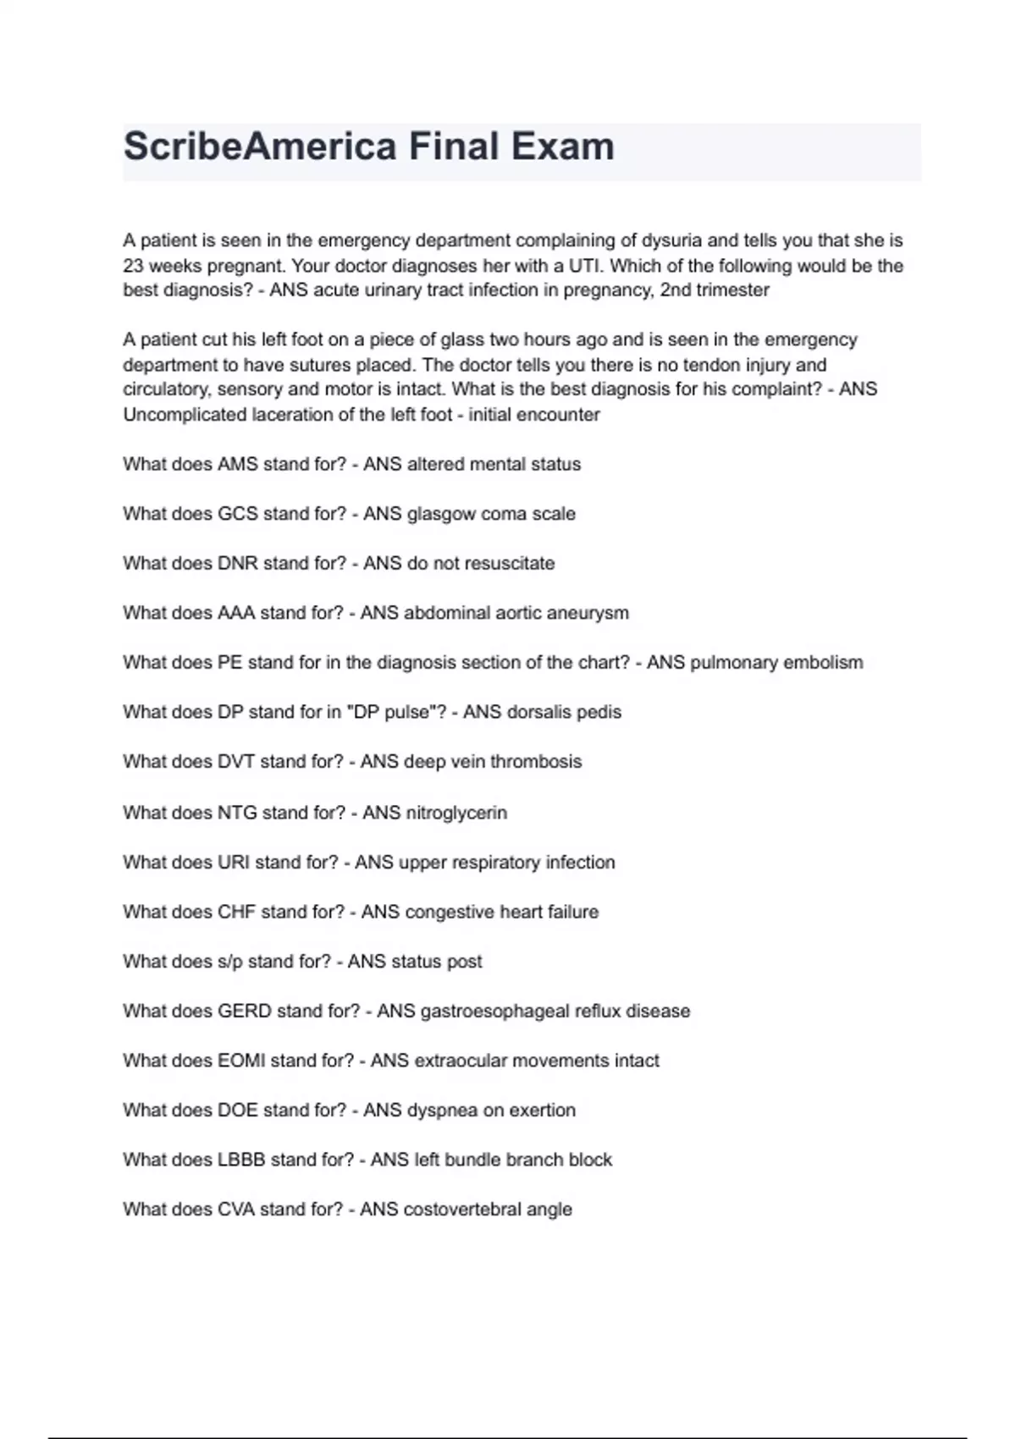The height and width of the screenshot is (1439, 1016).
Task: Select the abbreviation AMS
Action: (237, 464)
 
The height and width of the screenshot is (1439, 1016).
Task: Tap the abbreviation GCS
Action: (237, 514)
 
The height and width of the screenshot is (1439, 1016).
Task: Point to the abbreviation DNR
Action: (237, 564)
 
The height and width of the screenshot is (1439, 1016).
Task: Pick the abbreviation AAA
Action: (236, 613)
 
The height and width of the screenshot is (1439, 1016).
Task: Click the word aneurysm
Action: (590, 613)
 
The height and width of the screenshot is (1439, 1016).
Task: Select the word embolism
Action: (822, 663)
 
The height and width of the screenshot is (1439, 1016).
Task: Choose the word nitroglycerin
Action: (457, 813)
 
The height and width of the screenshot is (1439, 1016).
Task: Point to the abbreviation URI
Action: (234, 863)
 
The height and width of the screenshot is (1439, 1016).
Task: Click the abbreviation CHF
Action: (236, 912)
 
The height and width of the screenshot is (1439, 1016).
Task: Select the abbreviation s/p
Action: (229, 962)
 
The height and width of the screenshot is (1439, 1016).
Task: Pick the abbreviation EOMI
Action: (241, 1061)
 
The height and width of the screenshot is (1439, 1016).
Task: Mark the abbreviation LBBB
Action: (241, 1160)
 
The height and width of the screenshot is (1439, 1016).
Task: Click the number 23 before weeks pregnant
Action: (134, 266)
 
